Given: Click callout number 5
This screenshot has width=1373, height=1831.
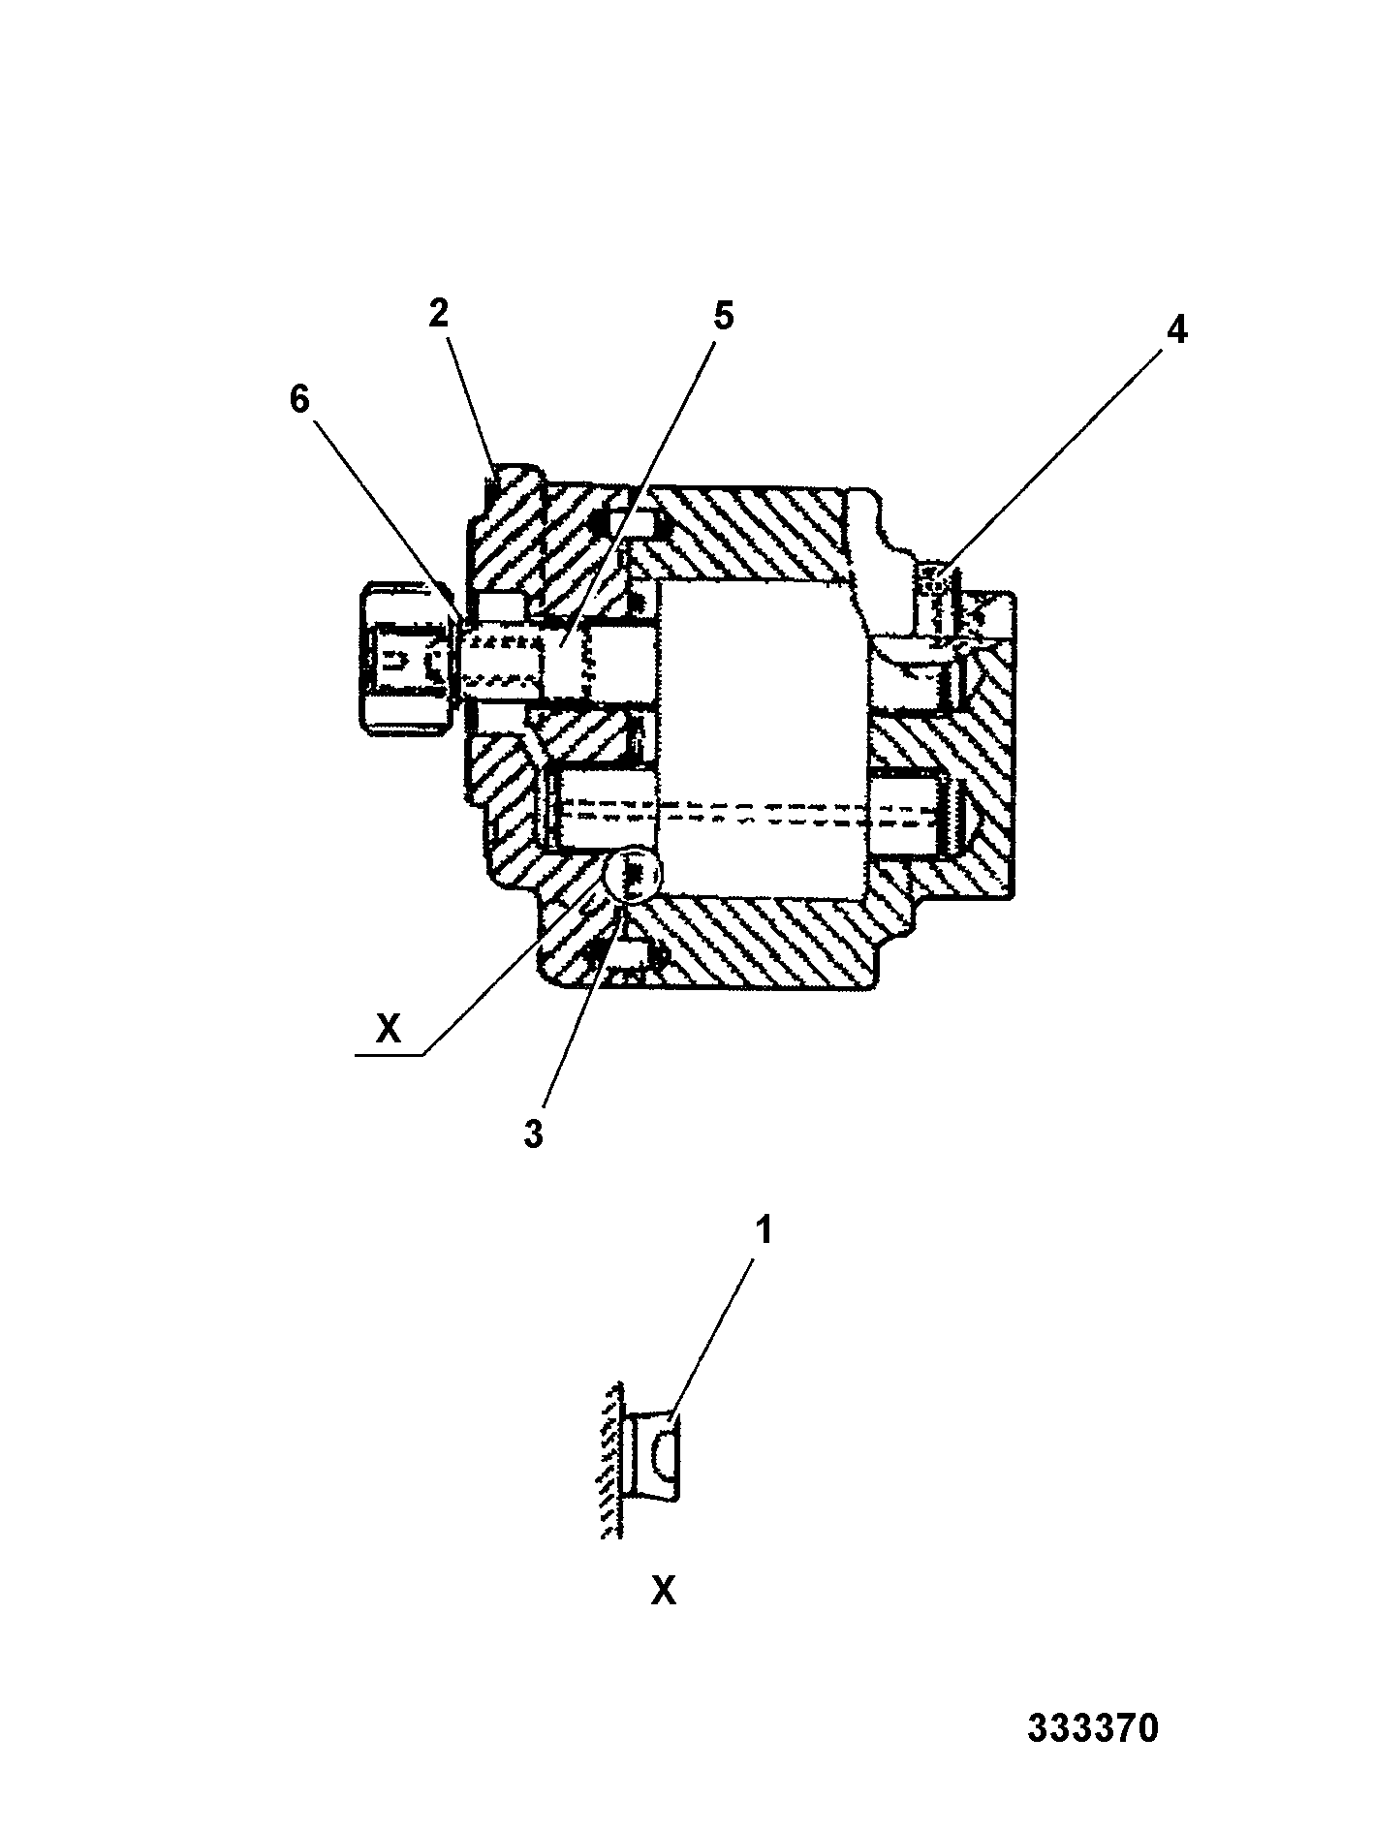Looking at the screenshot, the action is (723, 317).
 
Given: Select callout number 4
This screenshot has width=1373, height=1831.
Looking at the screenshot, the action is (1175, 330).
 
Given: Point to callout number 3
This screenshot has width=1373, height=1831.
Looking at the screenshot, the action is (534, 1134).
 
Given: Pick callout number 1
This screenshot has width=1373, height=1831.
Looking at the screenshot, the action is (764, 1231).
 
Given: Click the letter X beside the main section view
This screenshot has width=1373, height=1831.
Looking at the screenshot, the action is (388, 1028).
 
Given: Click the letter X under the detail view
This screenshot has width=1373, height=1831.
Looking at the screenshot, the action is (664, 1590).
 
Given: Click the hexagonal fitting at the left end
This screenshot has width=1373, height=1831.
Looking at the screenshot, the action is (406, 656).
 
